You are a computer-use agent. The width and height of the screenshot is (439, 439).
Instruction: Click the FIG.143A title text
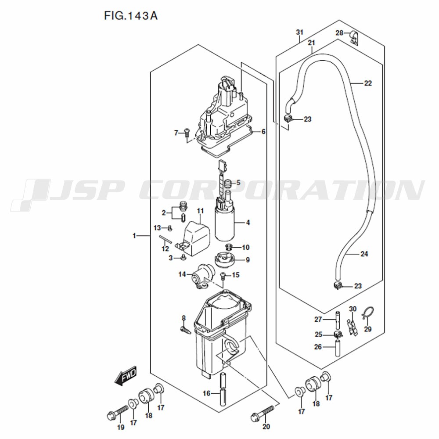[131, 16]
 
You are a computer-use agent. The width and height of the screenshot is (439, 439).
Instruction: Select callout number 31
[299, 32]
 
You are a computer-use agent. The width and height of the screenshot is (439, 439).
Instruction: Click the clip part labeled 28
[353, 37]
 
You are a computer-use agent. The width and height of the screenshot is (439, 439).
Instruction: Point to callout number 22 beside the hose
[368, 83]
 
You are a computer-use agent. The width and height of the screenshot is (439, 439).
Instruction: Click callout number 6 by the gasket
[263, 132]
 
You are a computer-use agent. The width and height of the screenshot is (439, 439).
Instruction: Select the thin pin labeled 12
[166, 240]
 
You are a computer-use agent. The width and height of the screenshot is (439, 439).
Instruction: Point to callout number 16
[206, 393]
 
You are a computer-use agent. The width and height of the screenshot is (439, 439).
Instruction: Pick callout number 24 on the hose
[364, 254]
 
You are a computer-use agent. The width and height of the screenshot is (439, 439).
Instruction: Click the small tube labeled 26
[338, 347]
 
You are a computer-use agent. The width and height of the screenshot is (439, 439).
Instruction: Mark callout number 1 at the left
[134, 236]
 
